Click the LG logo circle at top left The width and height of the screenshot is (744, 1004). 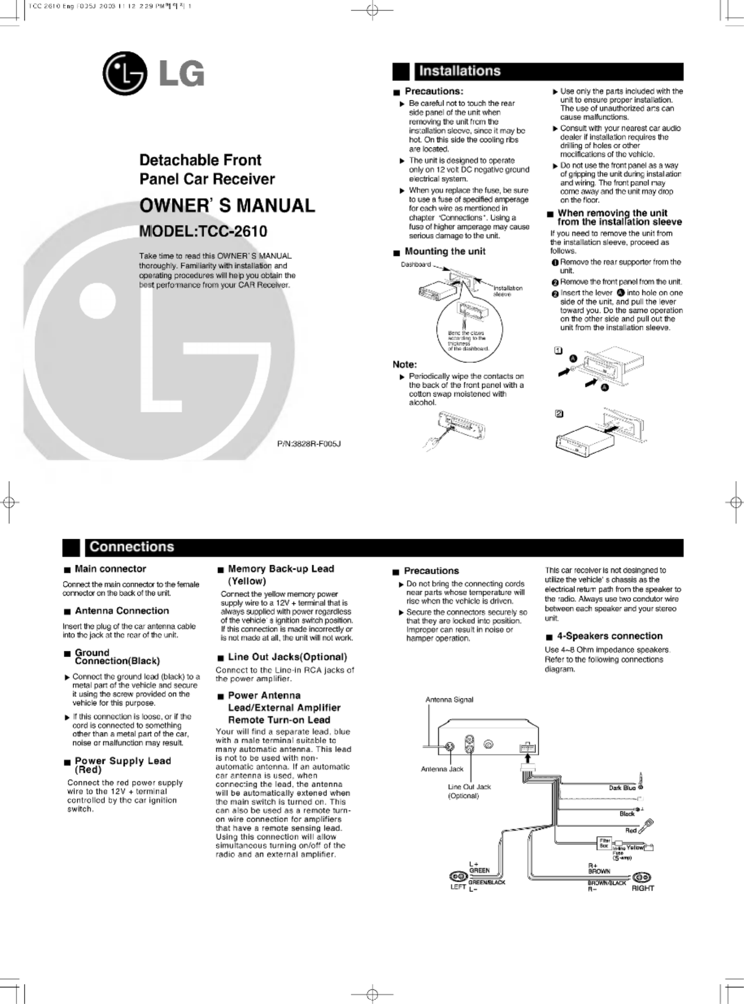pyautogui.click(x=125, y=73)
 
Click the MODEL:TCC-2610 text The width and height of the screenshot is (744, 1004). pyautogui.click(x=203, y=231)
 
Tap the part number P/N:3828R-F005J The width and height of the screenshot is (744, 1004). pyautogui.click(x=309, y=444)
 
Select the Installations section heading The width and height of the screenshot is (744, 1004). pyautogui.click(x=460, y=71)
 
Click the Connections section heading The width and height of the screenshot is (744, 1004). pyautogui.click(x=132, y=547)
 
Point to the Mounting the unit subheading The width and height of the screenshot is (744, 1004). pyautogui.click(x=445, y=251)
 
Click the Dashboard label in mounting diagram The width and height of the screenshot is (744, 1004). pyautogui.click(x=416, y=264)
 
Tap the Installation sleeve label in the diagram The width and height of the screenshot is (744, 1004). pyautogui.click(x=508, y=291)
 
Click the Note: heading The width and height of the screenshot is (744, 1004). pyautogui.click(x=404, y=364)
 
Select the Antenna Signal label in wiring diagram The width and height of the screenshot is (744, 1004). pyautogui.click(x=449, y=700)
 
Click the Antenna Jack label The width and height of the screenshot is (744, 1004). pyautogui.click(x=442, y=769)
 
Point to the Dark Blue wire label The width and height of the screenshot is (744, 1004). pyautogui.click(x=622, y=788)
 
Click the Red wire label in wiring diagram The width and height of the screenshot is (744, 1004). pyautogui.click(x=631, y=830)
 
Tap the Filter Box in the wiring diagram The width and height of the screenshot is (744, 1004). pyautogui.click(x=604, y=842)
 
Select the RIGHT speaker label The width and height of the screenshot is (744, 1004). pyautogui.click(x=643, y=888)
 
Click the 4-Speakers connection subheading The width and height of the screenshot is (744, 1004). pyautogui.click(x=610, y=636)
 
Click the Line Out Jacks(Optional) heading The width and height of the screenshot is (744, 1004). pyautogui.click(x=287, y=657)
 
